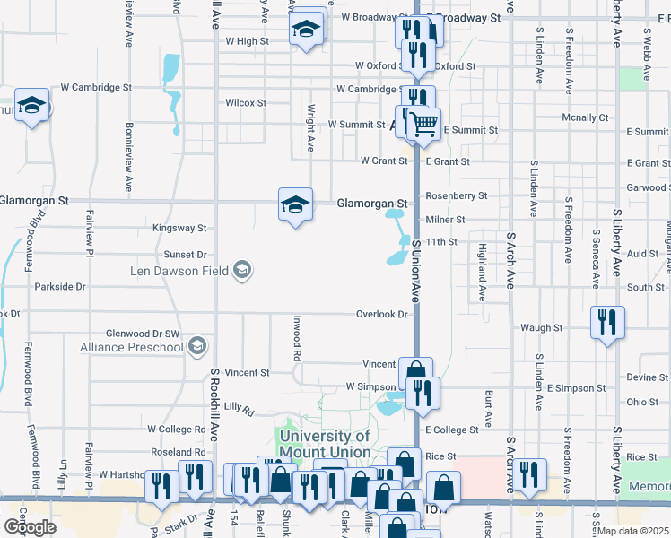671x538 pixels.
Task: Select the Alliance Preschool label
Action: (x=132, y=347)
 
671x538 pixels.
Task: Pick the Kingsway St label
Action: (x=179, y=229)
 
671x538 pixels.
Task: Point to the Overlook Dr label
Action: (x=382, y=315)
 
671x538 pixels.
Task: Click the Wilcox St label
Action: (x=246, y=103)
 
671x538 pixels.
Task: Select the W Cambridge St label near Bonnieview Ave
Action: (x=96, y=88)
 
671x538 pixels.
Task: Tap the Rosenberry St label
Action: (x=456, y=195)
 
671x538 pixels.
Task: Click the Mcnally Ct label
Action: (x=585, y=117)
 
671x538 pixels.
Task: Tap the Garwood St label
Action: (x=650, y=187)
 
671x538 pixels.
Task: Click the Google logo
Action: (x=29, y=527)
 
